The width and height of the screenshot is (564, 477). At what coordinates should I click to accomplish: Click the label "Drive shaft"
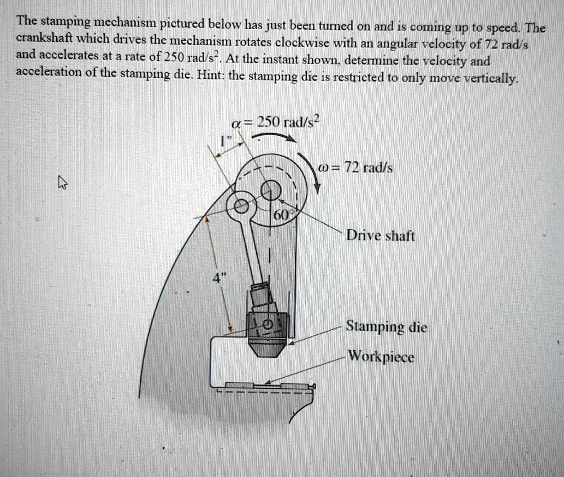380,236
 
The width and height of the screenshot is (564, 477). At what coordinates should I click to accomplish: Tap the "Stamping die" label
386,328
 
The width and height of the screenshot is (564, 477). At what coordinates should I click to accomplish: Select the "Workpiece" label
380,357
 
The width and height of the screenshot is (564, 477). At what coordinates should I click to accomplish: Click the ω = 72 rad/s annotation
356,168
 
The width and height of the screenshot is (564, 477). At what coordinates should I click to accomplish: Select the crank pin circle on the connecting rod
241,207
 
